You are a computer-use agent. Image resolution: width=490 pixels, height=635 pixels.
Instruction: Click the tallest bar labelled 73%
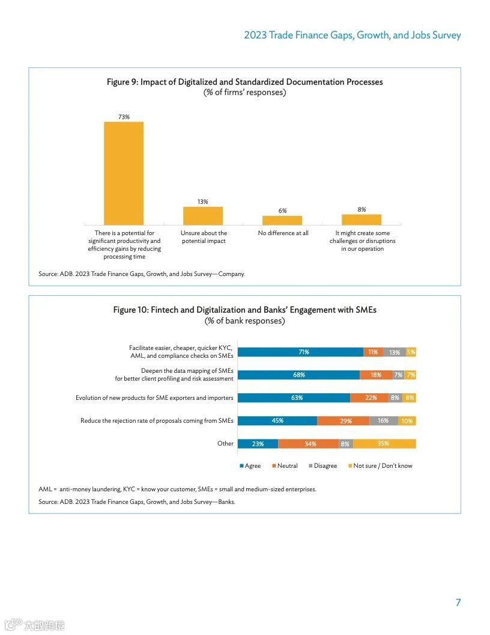pyautogui.click(x=124, y=173)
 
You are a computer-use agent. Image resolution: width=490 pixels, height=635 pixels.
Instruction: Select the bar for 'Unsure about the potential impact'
pyautogui.click(x=203, y=216)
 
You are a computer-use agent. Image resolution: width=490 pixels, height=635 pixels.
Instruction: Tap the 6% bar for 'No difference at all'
pyautogui.click(x=282, y=220)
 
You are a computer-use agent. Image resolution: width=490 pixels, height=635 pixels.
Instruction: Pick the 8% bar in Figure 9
pyautogui.click(x=361, y=219)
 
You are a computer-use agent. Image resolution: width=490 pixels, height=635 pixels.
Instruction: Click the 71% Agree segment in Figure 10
pyautogui.click(x=300, y=352)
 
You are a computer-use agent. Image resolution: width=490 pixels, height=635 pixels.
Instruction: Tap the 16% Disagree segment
pyautogui.click(x=383, y=421)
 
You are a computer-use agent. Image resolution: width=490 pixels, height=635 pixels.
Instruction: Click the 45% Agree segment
pyautogui.click(x=277, y=421)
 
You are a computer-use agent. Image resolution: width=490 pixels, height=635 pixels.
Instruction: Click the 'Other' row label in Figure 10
pyautogui.click(x=225, y=444)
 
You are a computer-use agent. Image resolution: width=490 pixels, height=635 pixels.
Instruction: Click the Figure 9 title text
pyautogui.click(x=244, y=82)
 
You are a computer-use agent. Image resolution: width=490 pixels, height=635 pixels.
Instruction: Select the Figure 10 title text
pyautogui.click(x=244, y=310)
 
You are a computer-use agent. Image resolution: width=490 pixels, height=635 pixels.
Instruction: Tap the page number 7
pyautogui.click(x=458, y=603)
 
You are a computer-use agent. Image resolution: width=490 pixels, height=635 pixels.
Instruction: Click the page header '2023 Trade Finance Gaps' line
pyautogui.click(x=352, y=35)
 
